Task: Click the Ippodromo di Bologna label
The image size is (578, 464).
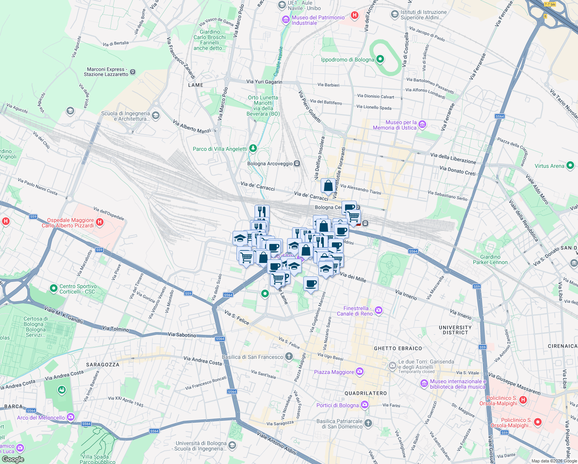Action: [347, 60]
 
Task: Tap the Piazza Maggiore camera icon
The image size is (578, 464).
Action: [360, 372]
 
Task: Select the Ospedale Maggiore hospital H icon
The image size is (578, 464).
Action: [100, 222]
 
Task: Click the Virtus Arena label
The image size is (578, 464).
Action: [549, 166]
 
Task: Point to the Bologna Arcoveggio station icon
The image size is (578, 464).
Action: [297, 164]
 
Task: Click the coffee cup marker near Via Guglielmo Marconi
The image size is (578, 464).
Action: [311, 284]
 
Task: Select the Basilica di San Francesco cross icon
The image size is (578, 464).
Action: [289, 357]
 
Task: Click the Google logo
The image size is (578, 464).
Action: [13, 459]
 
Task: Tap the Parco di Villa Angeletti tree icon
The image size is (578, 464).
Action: [253, 148]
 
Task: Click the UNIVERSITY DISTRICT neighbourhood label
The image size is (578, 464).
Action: [455, 330]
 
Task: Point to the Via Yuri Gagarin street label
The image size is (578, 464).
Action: [264, 82]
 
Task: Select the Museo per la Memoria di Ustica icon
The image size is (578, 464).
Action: [422, 125]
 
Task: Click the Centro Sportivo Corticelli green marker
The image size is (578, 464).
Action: [54, 288]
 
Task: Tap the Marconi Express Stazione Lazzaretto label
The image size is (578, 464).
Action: [106, 72]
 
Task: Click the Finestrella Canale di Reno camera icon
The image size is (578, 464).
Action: [379, 310]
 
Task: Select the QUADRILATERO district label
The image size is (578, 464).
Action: [365, 393]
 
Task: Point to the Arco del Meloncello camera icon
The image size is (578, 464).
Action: [70, 417]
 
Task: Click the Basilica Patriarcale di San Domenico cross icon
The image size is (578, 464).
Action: [368, 423]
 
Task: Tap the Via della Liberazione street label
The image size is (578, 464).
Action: [453, 158]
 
